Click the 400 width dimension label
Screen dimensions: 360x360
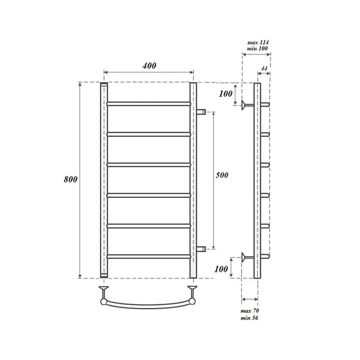(x=149, y=66)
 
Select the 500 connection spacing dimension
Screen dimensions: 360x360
(x=222, y=175)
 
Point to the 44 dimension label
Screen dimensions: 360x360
(x=264, y=68)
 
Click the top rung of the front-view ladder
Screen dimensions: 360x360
(x=148, y=103)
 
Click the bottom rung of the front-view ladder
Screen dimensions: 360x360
(x=148, y=256)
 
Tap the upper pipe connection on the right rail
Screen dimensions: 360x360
(x=201, y=111)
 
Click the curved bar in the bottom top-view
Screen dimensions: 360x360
(x=148, y=304)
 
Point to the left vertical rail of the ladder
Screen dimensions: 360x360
(x=104, y=180)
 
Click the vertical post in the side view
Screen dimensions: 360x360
(x=257, y=180)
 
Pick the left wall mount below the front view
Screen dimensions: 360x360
(x=104, y=288)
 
